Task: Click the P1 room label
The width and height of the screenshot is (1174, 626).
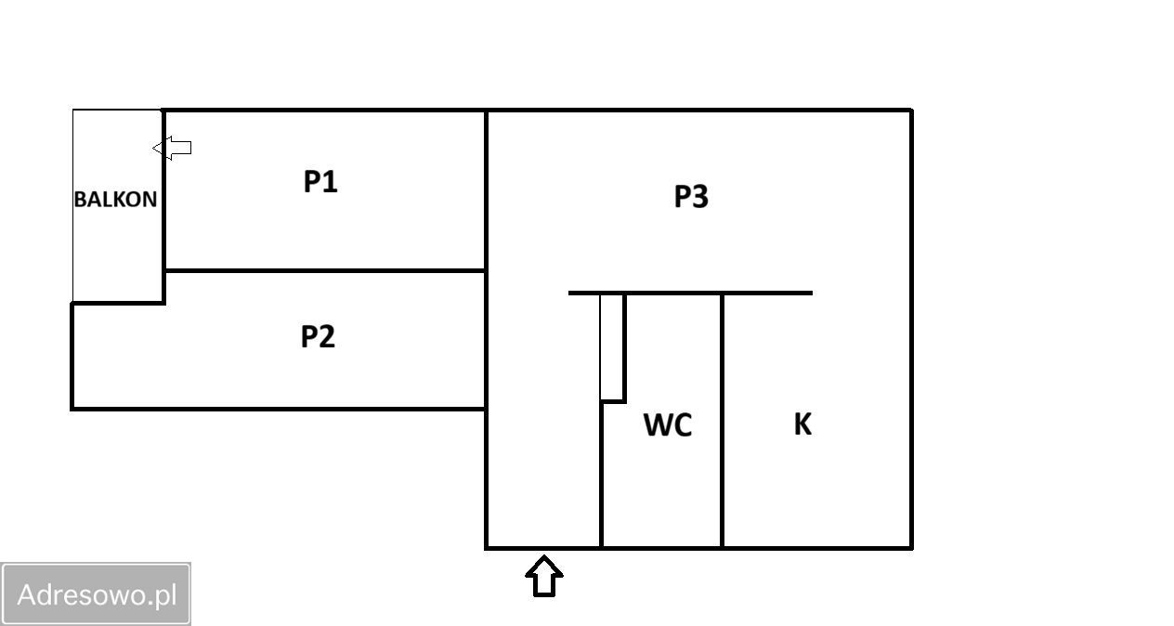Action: [320, 182]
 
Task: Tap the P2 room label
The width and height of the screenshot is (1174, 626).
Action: [318, 336]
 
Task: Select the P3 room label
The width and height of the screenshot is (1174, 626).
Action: [691, 197]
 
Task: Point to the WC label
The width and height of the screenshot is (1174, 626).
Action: [668, 425]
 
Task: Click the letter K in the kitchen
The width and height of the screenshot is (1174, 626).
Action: [802, 424]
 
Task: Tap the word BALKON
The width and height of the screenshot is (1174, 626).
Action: [115, 199]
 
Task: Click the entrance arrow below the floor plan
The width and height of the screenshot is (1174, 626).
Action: [544, 576]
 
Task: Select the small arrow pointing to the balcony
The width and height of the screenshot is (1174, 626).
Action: [173, 148]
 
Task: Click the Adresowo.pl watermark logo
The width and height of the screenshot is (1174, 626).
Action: [97, 593]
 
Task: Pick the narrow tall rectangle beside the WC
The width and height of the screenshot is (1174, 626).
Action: [611, 346]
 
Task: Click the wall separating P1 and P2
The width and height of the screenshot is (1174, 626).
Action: [325, 270]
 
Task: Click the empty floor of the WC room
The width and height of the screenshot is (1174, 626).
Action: [661, 492]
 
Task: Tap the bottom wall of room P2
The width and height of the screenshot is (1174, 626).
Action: [279, 408]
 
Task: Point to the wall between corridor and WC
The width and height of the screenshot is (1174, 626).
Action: [601, 474]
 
